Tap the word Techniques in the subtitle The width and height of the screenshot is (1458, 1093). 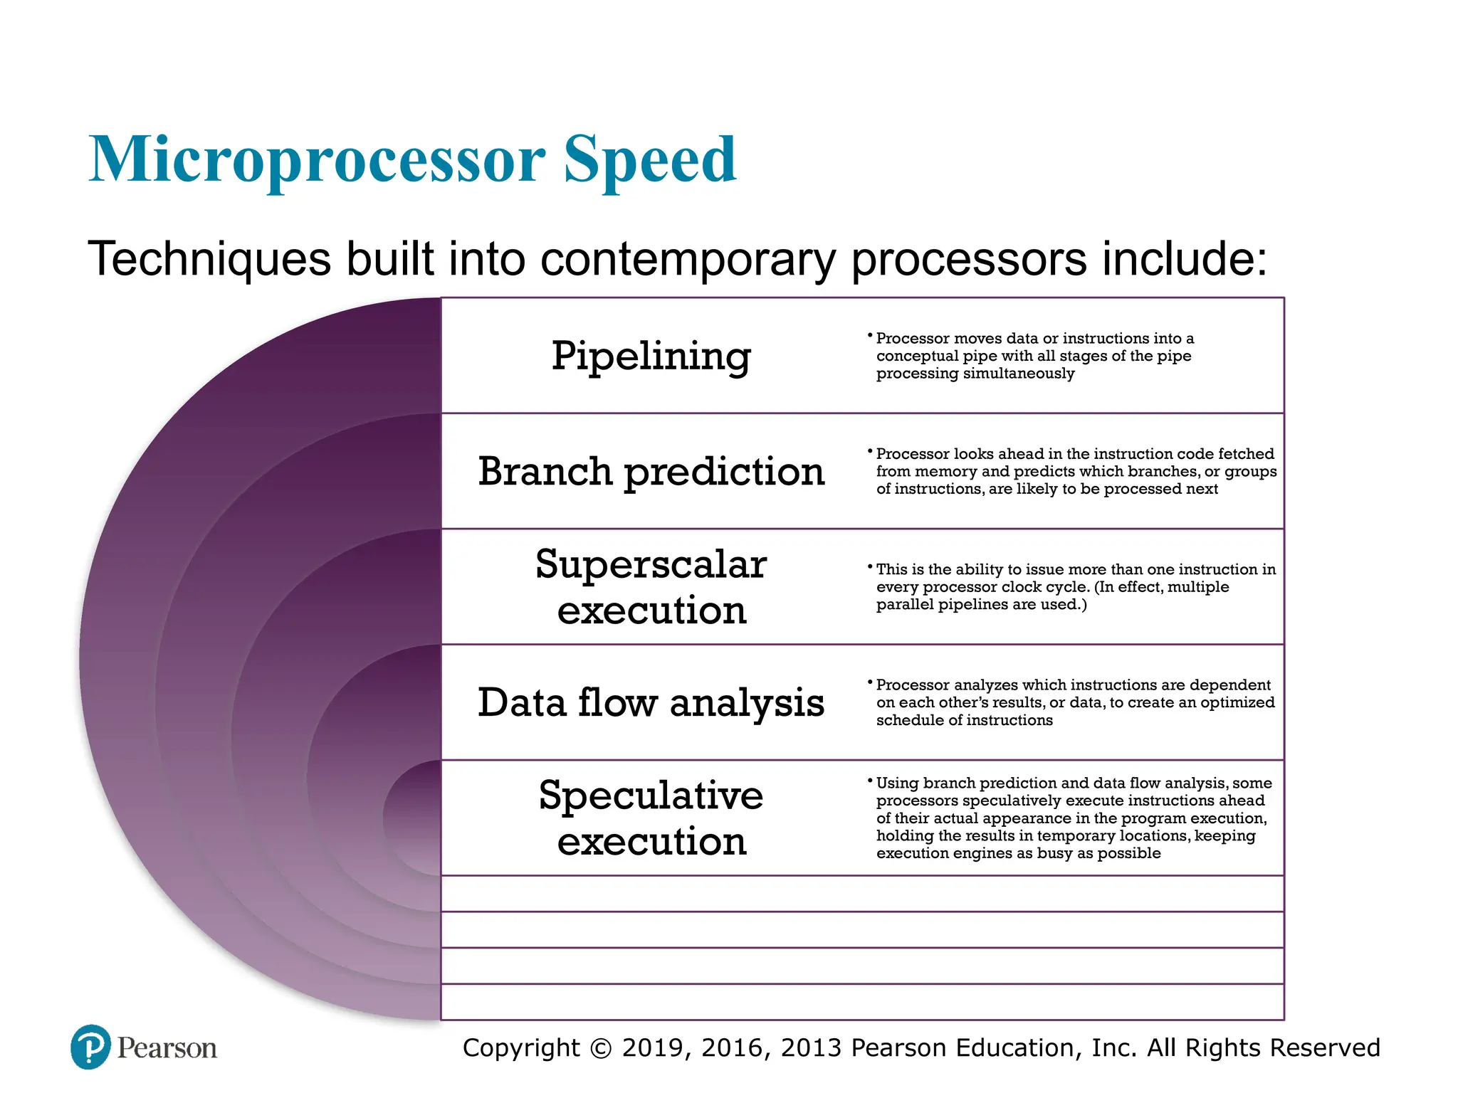(209, 258)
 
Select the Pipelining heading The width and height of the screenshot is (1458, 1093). (651, 356)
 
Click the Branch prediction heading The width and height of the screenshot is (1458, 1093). (651, 471)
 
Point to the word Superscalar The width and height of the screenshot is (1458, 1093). (651, 564)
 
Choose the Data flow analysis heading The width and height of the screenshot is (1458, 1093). (651, 702)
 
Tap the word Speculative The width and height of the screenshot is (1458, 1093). (651, 795)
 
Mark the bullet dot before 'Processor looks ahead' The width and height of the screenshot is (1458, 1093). (870, 451)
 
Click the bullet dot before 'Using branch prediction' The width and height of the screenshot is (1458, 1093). (870, 781)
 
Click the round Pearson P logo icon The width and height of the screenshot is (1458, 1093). (91, 1047)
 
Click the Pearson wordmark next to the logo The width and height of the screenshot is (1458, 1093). (167, 1048)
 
